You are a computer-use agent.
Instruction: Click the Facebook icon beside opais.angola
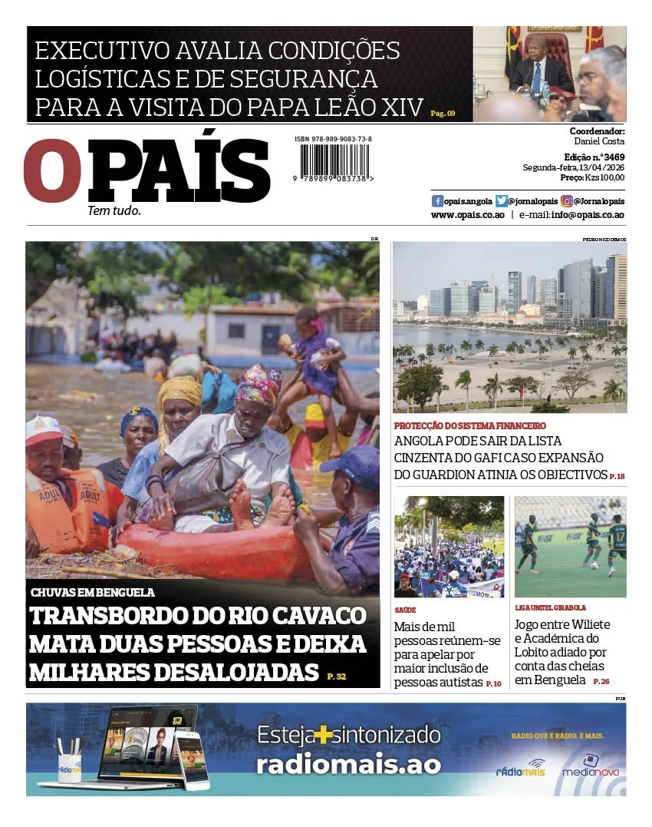coord(437,201)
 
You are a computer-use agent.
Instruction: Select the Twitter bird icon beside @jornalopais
coord(502,201)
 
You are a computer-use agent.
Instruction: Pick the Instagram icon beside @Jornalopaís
coord(567,201)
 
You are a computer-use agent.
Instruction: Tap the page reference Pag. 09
coord(443,114)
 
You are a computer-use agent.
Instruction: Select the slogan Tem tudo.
coord(114,210)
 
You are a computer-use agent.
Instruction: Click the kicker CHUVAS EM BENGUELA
coord(93,593)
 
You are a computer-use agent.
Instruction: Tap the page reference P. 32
coord(337,676)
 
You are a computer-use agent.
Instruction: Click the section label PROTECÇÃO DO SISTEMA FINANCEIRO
coord(470,425)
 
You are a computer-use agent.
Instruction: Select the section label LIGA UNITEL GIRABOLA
coord(550,607)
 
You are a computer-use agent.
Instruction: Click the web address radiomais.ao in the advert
coord(348,764)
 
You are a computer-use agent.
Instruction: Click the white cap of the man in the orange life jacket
coord(42,429)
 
